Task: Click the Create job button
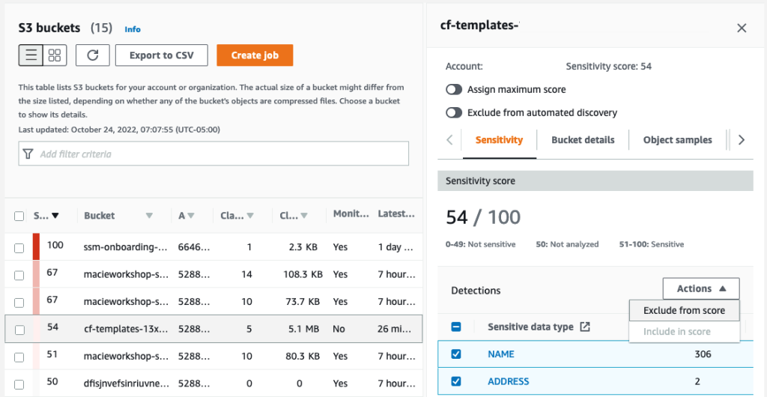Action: pyautogui.click(x=255, y=55)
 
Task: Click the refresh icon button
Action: pyautogui.click(x=93, y=55)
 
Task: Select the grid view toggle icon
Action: pyautogui.click(x=55, y=55)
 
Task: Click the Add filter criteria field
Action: pyautogui.click(x=213, y=154)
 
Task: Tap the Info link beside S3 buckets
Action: pyautogui.click(x=133, y=29)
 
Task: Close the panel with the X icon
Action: pyautogui.click(x=742, y=28)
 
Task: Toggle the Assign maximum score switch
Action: pyautogui.click(x=454, y=89)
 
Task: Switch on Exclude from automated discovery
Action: pyautogui.click(x=454, y=112)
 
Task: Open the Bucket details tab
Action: pyautogui.click(x=583, y=140)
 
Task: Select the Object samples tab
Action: pyautogui.click(x=677, y=140)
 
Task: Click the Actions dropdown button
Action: pyautogui.click(x=700, y=288)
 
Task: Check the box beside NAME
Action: pyautogui.click(x=456, y=354)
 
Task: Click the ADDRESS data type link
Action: pyautogui.click(x=508, y=381)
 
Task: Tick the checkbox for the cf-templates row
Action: pyautogui.click(x=19, y=329)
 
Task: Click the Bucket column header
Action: pyautogui.click(x=100, y=216)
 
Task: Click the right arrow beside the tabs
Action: pyautogui.click(x=741, y=140)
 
